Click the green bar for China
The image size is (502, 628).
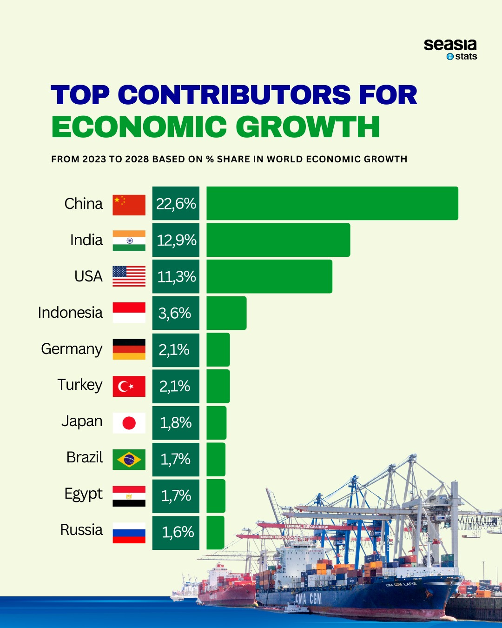pos(332,203)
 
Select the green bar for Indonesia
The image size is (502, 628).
pos(226,313)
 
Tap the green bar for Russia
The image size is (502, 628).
pos(215,533)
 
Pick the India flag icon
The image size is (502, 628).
pos(129,241)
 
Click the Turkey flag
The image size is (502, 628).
pos(129,386)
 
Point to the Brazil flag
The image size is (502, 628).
pos(129,460)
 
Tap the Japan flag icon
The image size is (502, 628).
pos(129,423)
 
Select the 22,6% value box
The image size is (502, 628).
pos(176,204)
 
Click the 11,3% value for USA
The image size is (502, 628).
pos(176,277)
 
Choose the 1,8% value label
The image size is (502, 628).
pos(176,423)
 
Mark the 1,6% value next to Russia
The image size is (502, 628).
pos(176,533)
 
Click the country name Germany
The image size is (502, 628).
pos(72,349)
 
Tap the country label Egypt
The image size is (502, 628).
pos(84,494)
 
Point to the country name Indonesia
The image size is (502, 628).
pos(70,313)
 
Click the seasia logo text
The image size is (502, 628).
pos(450,45)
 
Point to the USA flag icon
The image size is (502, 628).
pos(129,276)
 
